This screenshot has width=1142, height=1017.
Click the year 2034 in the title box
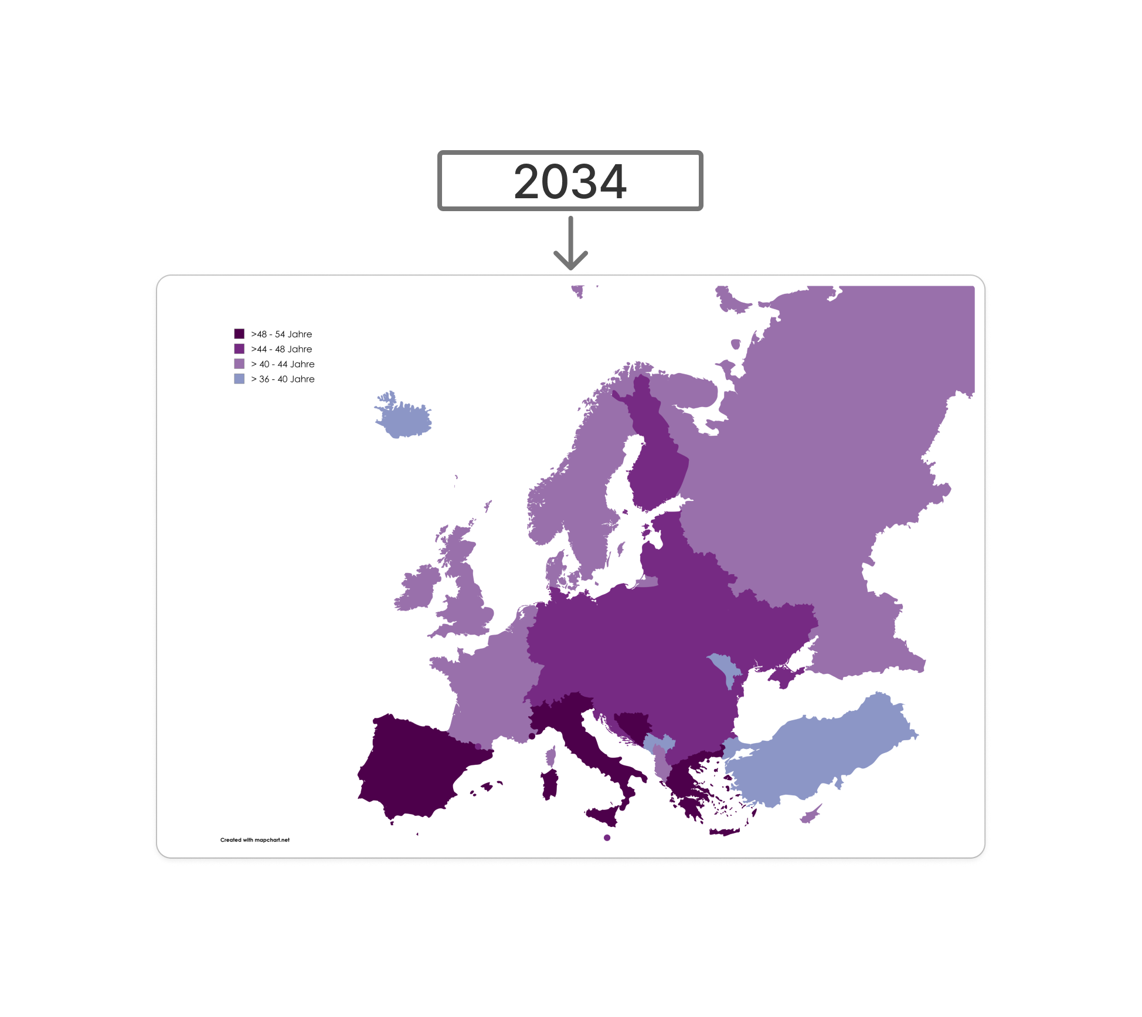[570, 181]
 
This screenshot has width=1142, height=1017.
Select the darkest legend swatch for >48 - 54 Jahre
[239, 334]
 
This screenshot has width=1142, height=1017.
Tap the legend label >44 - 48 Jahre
[281, 349]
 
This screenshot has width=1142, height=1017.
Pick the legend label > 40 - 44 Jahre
[283, 364]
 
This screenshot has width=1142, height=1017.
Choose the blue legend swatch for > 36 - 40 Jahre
[239, 379]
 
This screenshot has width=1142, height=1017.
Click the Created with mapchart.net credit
[255, 840]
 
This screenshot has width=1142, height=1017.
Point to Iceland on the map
[403, 417]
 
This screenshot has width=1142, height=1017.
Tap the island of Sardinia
[549, 785]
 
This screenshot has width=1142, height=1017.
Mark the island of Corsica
[550, 757]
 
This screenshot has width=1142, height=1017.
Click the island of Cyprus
[810, 815]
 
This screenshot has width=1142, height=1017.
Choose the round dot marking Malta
[607, 838]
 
